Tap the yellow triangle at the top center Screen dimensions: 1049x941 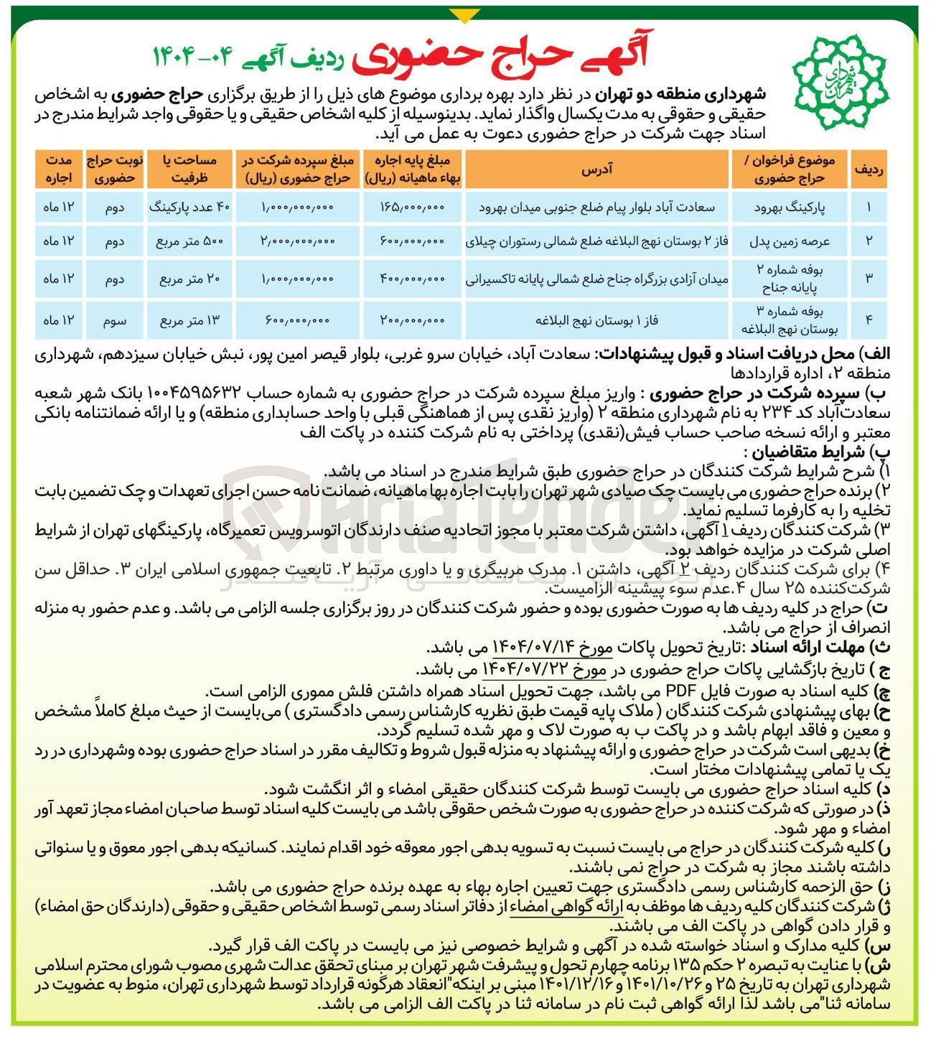(x=464, y=15)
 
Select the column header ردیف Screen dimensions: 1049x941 (x=869, y=169)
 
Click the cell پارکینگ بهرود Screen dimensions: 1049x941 (x=790, y=208)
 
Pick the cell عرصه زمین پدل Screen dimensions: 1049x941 (x=790, y=241)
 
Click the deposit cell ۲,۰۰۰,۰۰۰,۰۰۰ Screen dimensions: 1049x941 (x=297, y=241)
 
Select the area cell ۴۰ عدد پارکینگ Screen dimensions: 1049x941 (x=189, y=208)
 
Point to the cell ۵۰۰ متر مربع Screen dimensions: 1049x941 (x=189, y=241)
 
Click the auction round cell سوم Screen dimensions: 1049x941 (x=115, y=320)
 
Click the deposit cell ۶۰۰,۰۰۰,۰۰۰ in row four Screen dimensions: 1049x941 (x=297, y=320)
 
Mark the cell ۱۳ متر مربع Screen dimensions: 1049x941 (x=189, y=320)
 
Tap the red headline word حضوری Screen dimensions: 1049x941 (x=407, y=57)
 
